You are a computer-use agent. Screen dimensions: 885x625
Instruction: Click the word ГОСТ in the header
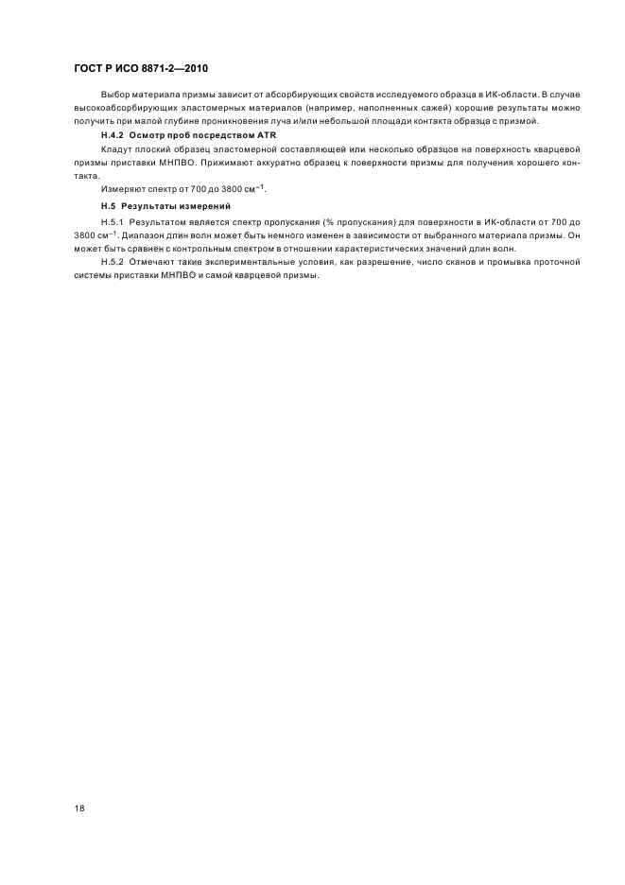pyautogui.click(x=90, y=70)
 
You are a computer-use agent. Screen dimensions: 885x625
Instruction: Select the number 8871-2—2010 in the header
pyautogui.click(x=175, y=70)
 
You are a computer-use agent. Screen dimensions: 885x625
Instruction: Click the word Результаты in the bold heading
pyautogui.click(x=145, y=205)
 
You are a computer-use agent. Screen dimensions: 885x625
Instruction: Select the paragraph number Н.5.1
pyautogui.click(x=112, y=220)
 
